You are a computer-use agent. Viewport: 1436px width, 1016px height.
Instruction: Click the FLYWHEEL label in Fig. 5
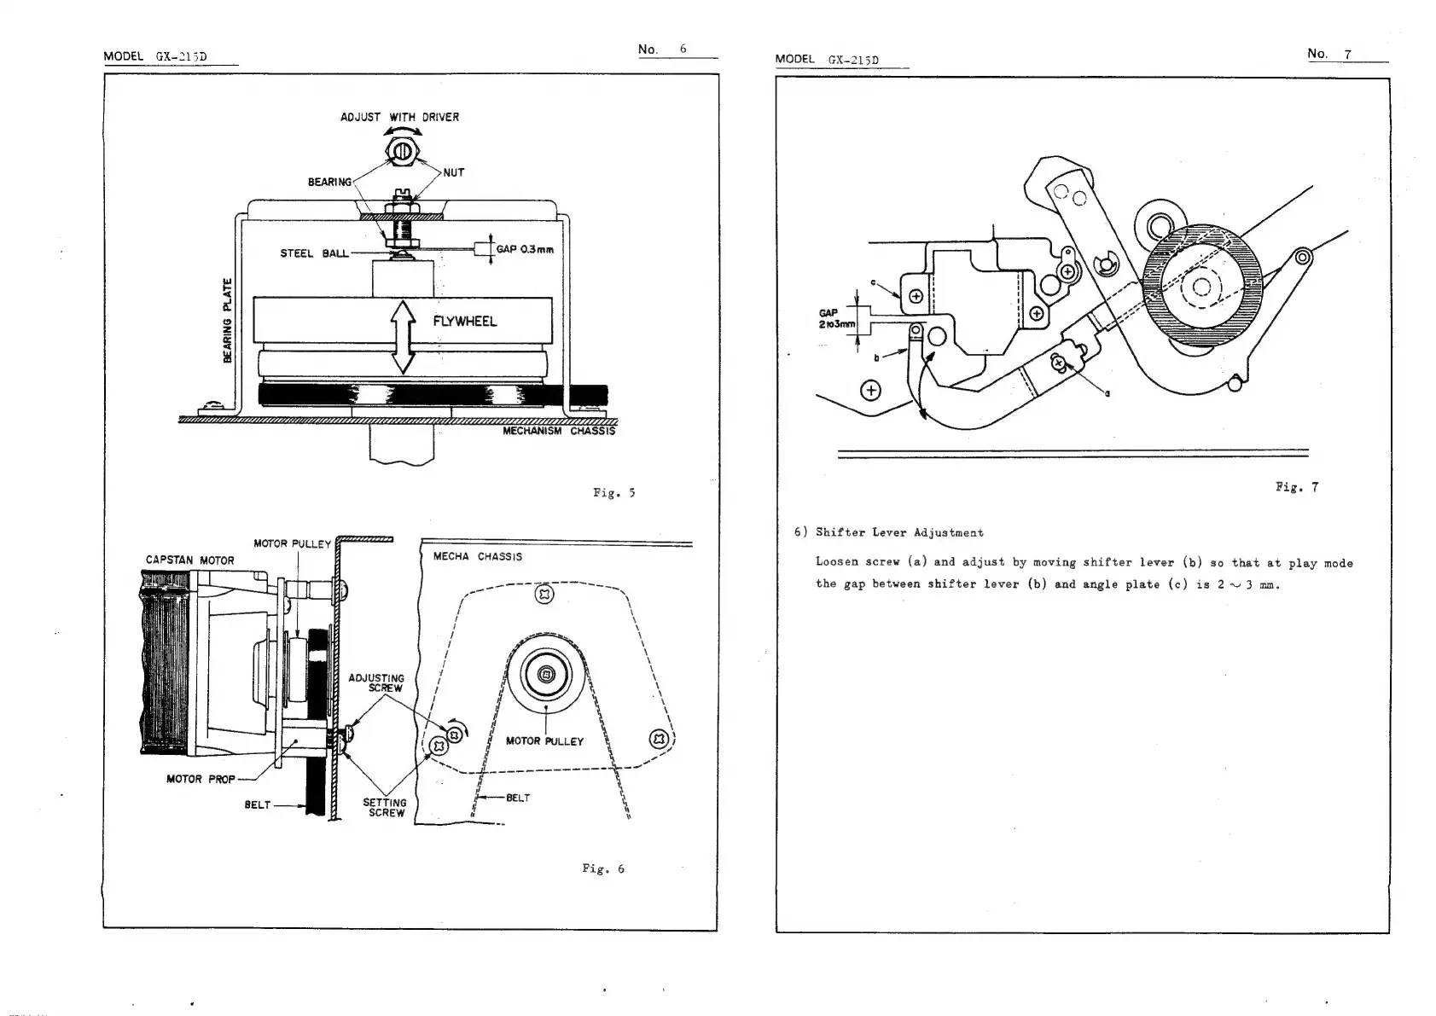point(464,322)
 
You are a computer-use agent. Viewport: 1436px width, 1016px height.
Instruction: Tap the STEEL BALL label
point(314,253)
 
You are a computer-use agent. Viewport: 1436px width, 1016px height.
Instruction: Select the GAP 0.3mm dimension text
point(525,250)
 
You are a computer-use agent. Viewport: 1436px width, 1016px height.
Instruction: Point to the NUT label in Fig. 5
point(454,172)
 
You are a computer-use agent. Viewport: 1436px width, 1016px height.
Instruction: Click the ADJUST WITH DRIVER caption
point(399,117)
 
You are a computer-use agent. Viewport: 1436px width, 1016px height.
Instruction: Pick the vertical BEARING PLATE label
point(227,320)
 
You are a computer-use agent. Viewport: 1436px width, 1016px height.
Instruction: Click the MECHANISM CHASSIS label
point(558,431)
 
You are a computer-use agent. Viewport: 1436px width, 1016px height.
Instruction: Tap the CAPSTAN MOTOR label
point(189,560)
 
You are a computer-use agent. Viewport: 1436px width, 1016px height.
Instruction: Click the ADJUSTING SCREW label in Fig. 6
point(376,682)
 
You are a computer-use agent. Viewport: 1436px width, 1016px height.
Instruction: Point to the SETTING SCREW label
point(385,808)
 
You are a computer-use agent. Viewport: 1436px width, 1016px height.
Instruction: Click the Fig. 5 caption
point(613,493)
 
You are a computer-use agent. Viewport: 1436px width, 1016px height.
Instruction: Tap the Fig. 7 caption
point(1297,488)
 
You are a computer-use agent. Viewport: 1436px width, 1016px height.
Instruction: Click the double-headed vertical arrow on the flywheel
point(402,336)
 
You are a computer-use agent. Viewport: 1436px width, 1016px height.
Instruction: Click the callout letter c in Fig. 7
point(872,282)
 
